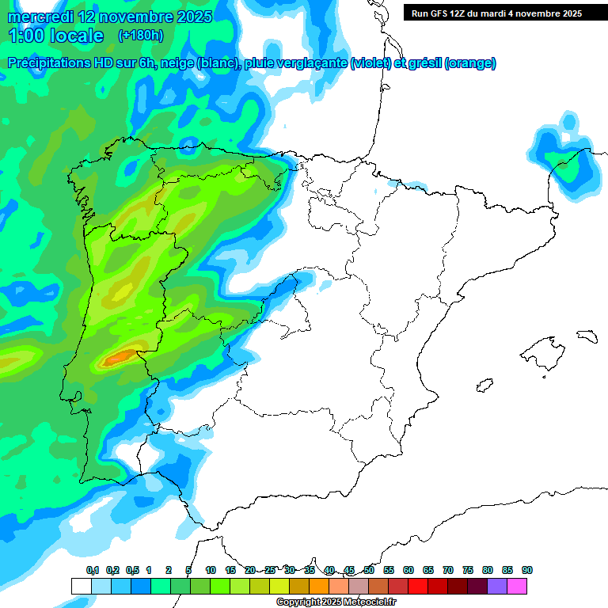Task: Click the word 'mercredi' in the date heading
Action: click(40, 17)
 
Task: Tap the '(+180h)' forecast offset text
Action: click(140, 36)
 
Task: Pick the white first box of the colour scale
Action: click(81, 586)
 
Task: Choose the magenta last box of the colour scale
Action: click(517, 586)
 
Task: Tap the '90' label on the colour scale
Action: click(527, 570)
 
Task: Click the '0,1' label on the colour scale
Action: click(92, 570)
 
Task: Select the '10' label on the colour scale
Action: click(211, 570)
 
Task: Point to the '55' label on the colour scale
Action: click(389, 570)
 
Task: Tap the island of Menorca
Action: click(586, 336)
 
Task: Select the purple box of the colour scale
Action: click(497, 586)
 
